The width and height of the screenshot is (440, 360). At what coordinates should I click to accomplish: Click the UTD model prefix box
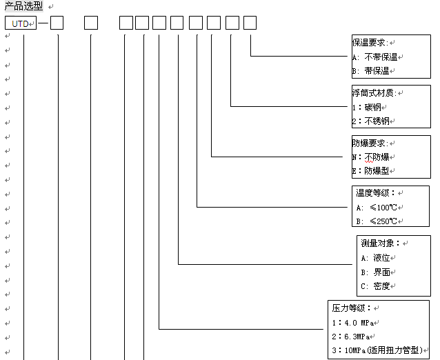(21, 23)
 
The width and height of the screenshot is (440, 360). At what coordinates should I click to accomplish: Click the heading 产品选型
(24, 6)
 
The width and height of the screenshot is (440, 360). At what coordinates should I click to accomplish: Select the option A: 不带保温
(375, 57)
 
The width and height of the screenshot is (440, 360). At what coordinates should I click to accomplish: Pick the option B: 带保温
(370, 71)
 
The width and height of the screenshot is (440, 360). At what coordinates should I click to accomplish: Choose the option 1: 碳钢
(367, 107)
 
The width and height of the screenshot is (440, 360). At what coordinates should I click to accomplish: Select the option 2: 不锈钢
(370, 121)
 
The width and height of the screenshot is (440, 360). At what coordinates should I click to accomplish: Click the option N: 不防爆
(370, 157)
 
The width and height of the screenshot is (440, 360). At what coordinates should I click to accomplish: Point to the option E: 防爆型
(370, 170)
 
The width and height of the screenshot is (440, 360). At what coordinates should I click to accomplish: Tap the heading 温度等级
(375, 193)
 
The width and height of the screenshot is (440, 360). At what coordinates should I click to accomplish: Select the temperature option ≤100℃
(377, 208)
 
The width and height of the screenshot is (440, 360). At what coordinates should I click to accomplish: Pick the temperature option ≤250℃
(377, 221)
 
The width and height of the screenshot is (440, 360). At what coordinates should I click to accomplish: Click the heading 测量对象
(380, 243)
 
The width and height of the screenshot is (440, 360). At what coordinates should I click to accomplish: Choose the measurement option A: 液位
(375, 258)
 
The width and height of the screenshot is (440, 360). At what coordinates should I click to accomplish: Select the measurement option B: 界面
(375, 272)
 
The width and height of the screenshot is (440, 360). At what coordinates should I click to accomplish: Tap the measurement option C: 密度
(375, 286)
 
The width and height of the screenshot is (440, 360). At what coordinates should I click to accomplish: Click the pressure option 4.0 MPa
(353, 323)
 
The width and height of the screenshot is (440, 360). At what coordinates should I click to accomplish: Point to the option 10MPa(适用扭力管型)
(377, 350)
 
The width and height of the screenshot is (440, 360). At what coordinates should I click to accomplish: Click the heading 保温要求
(369, 43)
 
